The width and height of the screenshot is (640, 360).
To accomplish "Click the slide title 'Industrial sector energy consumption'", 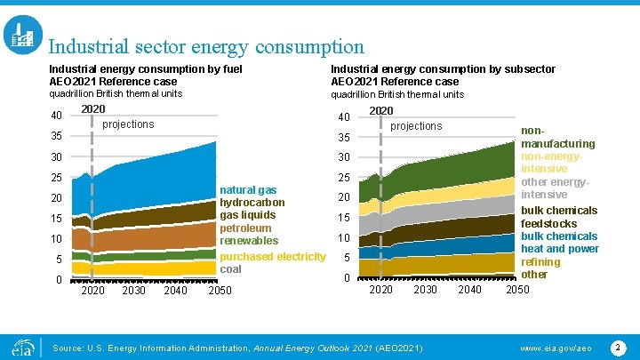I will tap(205, 46).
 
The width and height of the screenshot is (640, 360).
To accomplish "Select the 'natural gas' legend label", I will tap(248, 190).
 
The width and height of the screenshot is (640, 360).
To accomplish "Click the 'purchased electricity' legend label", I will tap(273, 257).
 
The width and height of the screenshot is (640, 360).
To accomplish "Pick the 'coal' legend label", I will tap(230, 269).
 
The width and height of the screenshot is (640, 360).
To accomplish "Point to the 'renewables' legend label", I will tap(249, 241).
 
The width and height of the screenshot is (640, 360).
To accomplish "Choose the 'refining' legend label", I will tap(540, 262).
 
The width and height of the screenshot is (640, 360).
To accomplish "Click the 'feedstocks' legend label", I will tap(548, 224).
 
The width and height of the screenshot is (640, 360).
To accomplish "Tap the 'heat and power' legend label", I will tap(560, 249).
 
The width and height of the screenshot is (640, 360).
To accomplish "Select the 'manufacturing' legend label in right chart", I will tap(558, 143).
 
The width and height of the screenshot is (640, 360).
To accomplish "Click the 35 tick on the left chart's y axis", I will tap(55, 138).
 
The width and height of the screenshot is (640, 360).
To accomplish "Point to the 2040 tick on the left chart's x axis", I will tap(175, 291).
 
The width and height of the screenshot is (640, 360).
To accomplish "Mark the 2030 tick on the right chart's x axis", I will tap(425, 289).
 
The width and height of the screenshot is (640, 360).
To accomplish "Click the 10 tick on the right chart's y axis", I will tap(342, 238).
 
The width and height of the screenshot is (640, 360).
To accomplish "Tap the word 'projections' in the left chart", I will tap(128, 124).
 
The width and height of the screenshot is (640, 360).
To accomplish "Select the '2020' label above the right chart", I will tap(380, 111).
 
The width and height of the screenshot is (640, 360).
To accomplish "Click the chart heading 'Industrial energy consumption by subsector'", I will tap(443, 69).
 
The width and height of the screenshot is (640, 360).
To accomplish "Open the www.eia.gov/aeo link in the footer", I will tap(555, 346).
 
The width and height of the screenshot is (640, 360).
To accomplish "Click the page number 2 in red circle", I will tap(618, 345).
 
